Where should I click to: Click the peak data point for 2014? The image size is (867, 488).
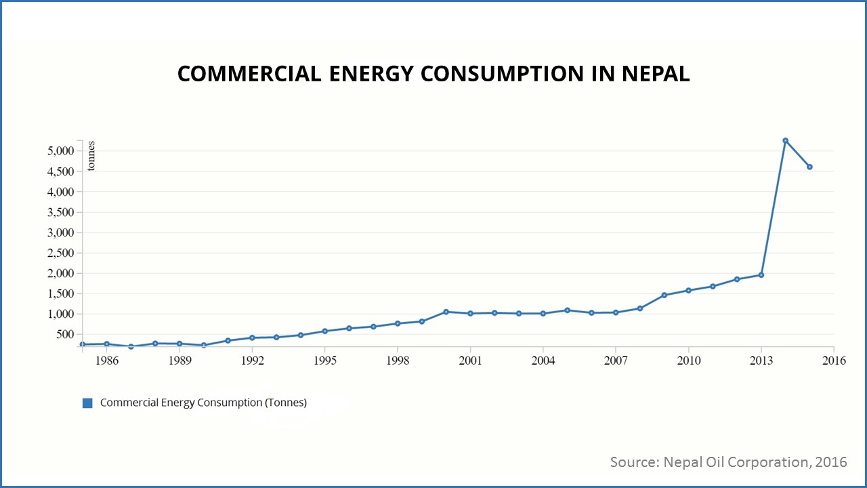pyautogui.click(x=785, y=140)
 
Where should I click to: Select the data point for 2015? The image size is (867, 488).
pyautogui.click(x=809, y=167)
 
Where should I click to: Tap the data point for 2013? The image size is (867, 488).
pyautogui.click(x=761, y=274)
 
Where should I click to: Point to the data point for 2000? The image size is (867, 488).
pyautogui.click(x=446, y=312)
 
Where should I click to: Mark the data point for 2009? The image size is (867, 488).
pyautogui.click(x=664, y=295)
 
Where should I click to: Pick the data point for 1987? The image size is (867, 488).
pyautogui.click(x=131, y=346)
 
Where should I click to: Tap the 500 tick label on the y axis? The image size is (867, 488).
pyautogui.click(x=65, y=334)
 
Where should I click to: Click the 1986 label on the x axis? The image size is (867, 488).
pyautogui.click(x=107, y=361)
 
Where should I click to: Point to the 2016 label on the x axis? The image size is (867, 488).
pyautogui.click(x=834, y=361)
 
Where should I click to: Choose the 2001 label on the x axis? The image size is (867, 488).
pyautogui.click(x=470, y=361)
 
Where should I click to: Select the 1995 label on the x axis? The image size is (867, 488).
pyautogui.click(x=324, y=361)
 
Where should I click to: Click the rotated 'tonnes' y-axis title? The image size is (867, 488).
pyautogui.click(x=92, y=157)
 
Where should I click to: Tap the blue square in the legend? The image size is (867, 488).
pyautogui.click(x=87, y=403)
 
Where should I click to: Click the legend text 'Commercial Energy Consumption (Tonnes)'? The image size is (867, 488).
pyautogui.click(x=203, y=403)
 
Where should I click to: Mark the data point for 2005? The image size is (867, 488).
pyautogui.click(x=567, y=310)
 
